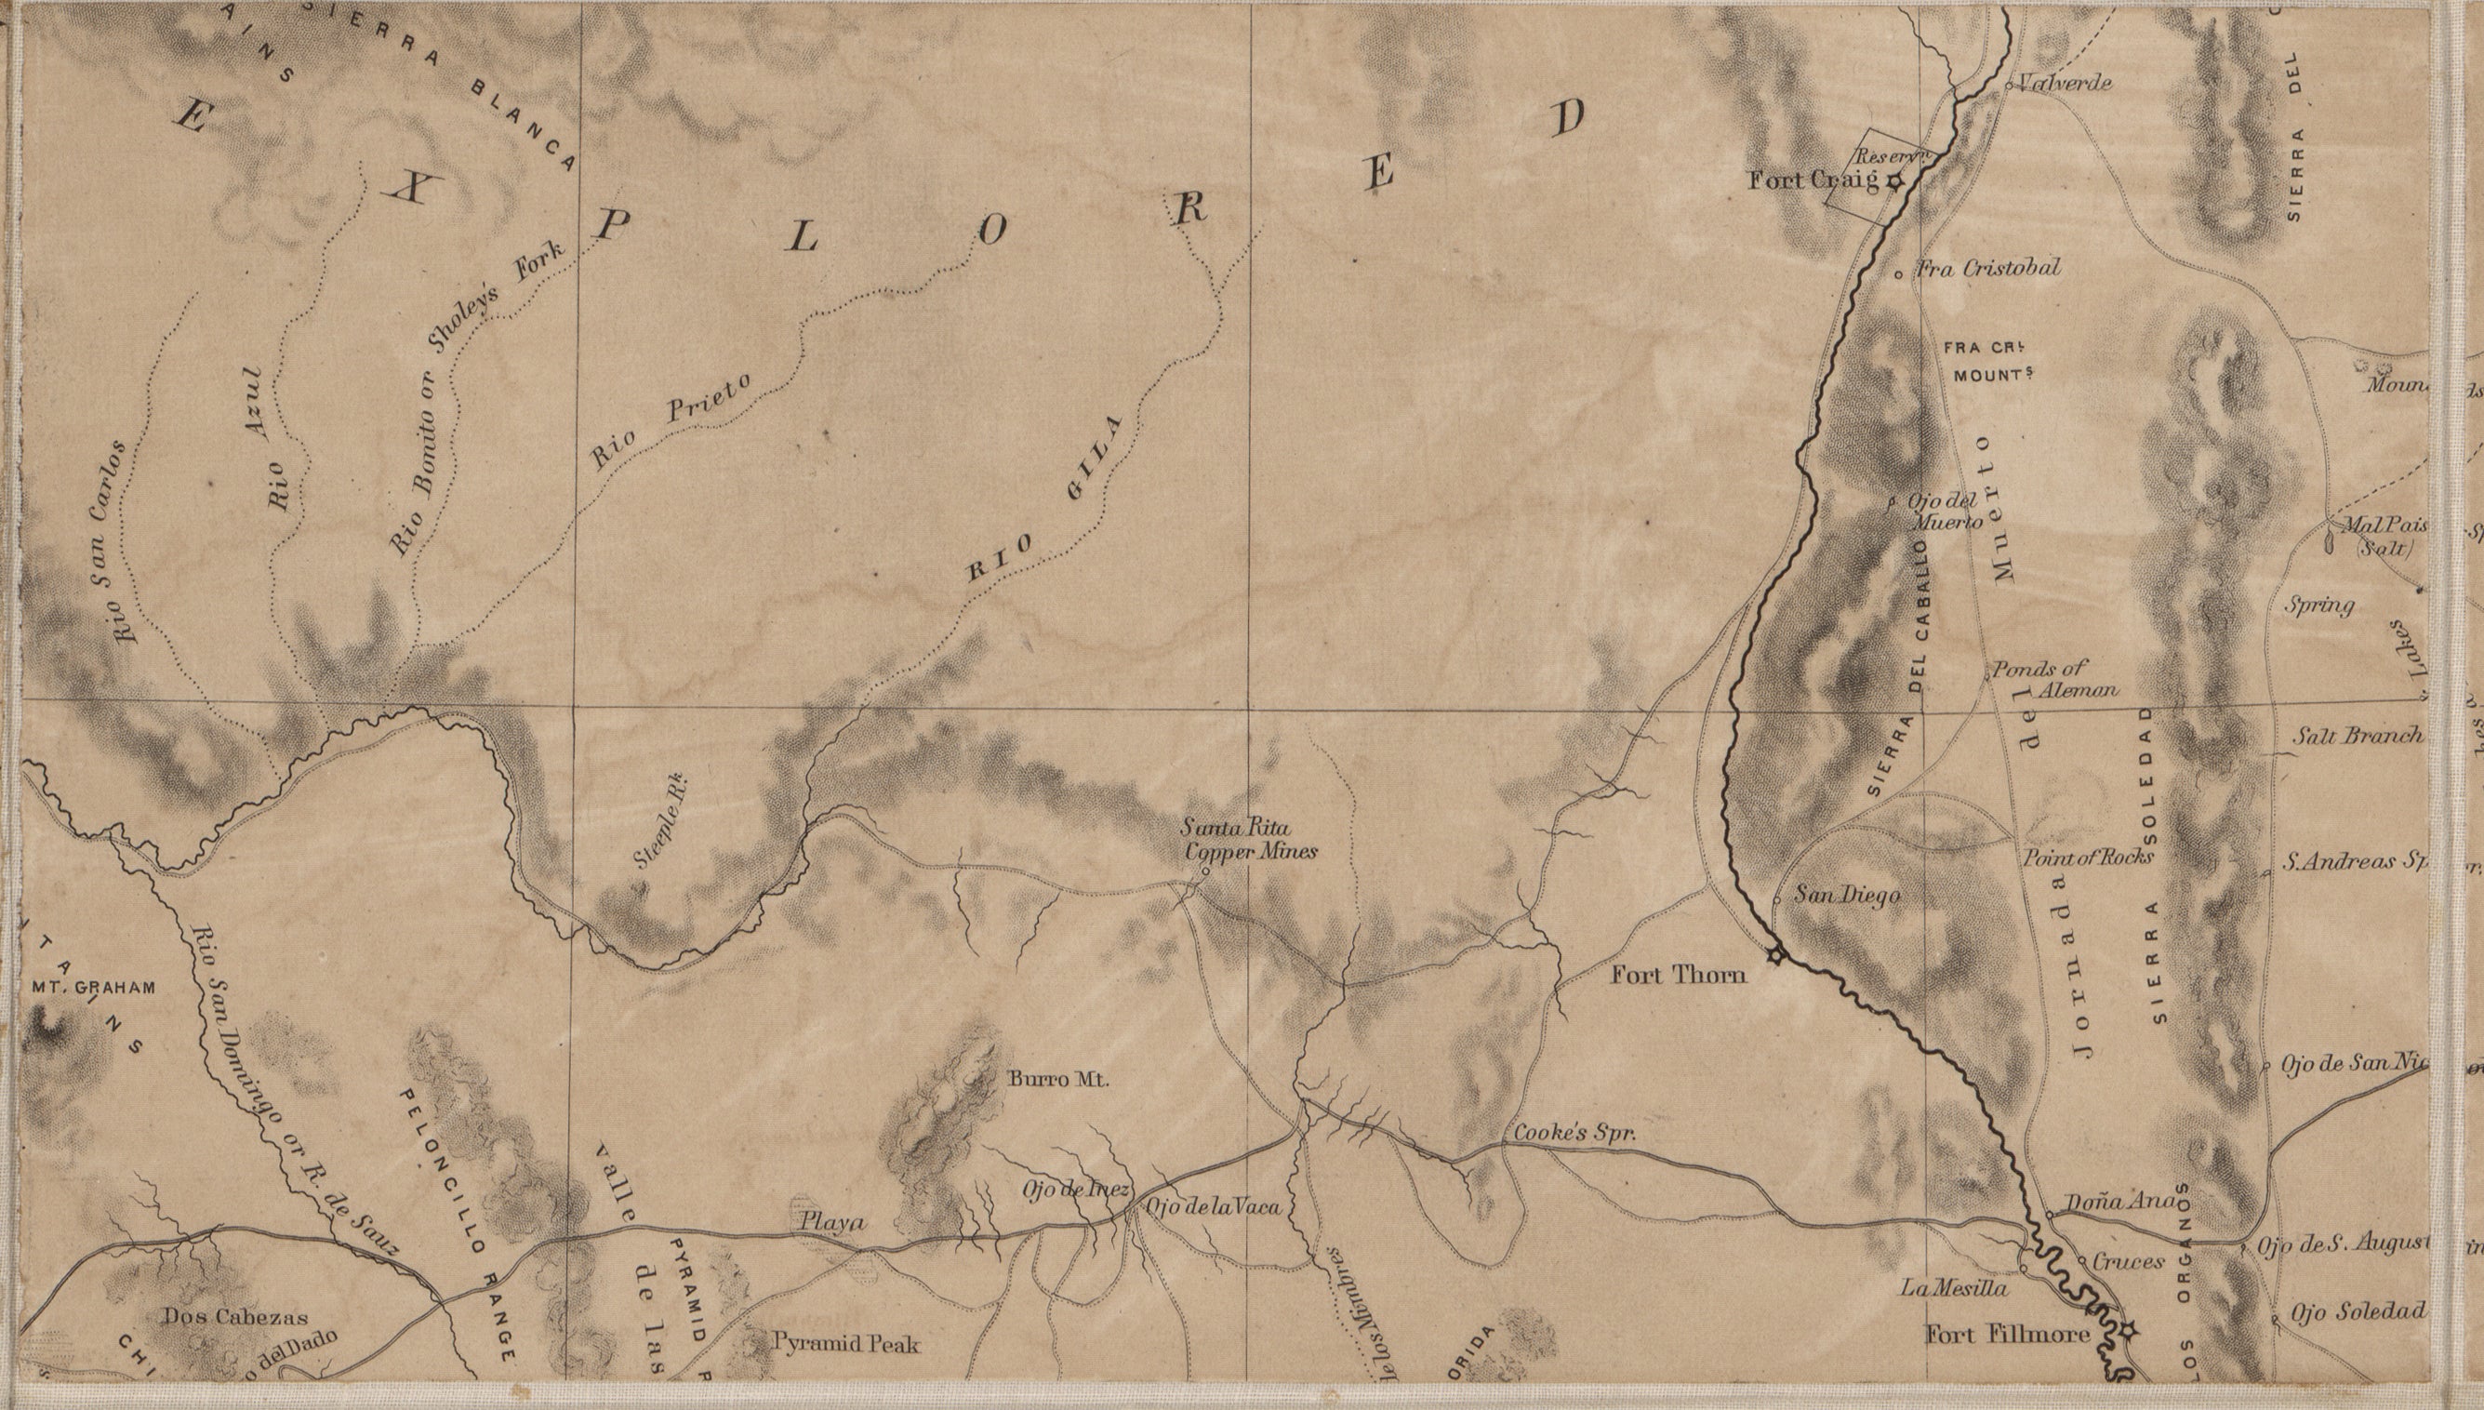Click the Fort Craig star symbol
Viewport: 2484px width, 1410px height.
[x=1894, y=180]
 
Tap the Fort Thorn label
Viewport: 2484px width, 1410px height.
[x=1679, y=975]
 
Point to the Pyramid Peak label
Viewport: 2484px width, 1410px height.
[x=846, y=1344]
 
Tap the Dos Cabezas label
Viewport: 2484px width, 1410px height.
[x=235, y=1317]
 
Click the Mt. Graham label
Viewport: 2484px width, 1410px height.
[x=94, y=989]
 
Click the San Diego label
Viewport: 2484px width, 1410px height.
[x=1847, y=897]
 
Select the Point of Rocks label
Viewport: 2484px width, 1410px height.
[x=2087, y=857]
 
